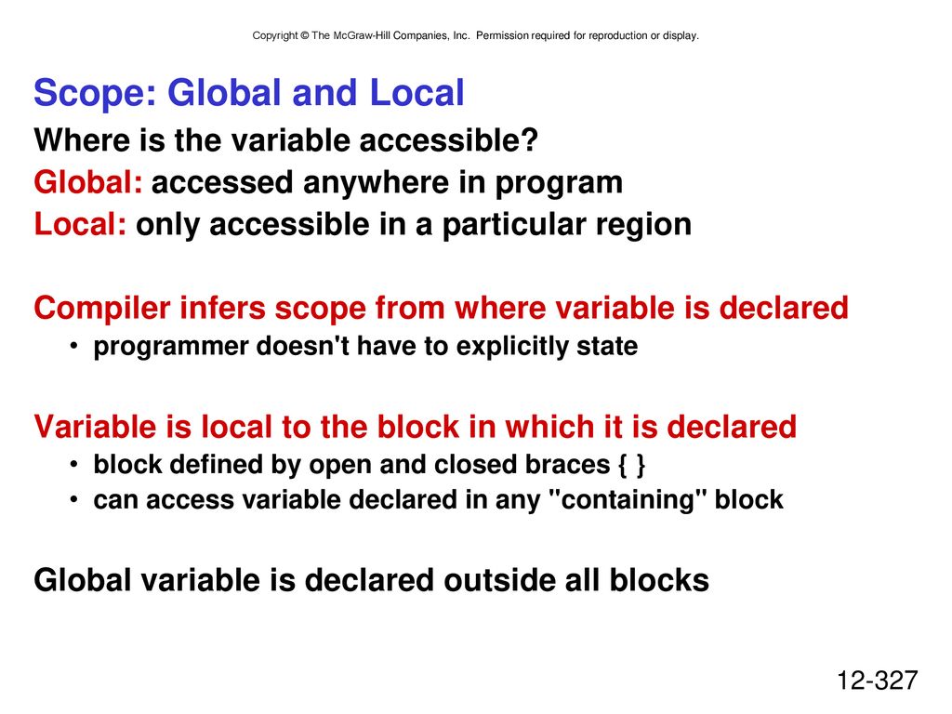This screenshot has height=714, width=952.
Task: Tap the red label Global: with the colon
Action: pos(88,182)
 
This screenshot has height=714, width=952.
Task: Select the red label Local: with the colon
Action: pos(80,224)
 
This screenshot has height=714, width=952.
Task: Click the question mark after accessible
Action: pos(529,140)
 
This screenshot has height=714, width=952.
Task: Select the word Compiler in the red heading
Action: pos(102,308)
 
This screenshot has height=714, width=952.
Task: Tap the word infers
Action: pos(222,307)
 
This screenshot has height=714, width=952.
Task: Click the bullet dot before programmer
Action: pos(73,346)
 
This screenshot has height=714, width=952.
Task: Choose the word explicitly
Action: pos(511,347)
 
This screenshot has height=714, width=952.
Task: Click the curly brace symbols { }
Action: pos(631,466)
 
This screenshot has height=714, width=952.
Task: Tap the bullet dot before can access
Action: pos(73,499)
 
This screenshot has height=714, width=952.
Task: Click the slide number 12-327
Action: pos(878,681)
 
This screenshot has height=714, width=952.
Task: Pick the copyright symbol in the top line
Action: pos(305,36)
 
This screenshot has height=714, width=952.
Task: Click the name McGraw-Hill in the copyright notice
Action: pos(362,36)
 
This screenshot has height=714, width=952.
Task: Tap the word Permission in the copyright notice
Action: pos(502,36)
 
